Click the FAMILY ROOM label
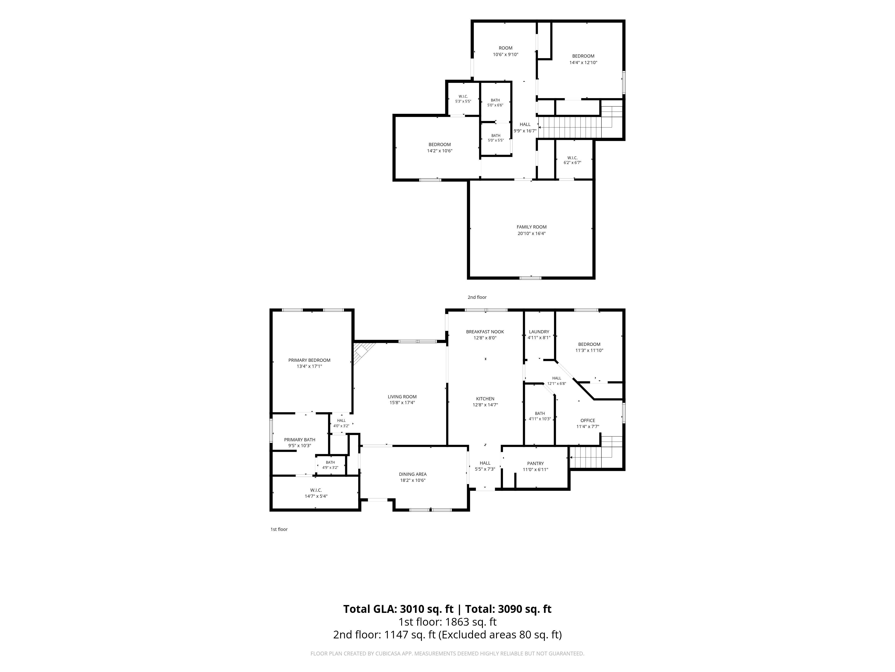tap(531, 227)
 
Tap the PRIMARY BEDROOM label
tap(309, 360)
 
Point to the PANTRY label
tap(535, 463)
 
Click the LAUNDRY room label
tap(539, 332)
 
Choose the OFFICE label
tap(588, 420)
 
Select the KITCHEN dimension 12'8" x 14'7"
tap(485, 405)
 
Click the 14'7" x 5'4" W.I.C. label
tap(316, 493)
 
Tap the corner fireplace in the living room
tap(362, 352)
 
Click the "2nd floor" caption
tap(477, 297)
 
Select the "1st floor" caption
tap(279, 529)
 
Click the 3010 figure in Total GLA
tap(415, 609)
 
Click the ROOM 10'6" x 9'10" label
tap(505, 51)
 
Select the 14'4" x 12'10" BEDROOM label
tap(583, 59)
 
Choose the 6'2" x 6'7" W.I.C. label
tap(572, 160)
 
